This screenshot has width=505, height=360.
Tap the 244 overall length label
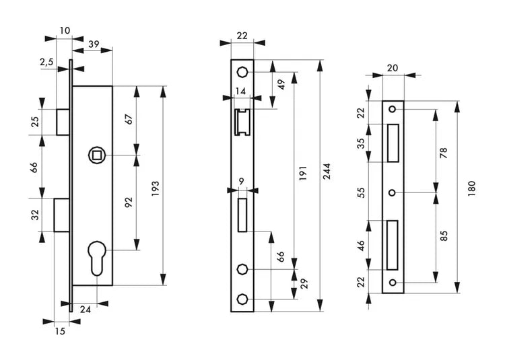point(327,171)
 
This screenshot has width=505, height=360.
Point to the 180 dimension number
point(472,189)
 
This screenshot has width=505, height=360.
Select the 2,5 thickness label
point(46,62)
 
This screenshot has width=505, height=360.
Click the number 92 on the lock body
point(129,202)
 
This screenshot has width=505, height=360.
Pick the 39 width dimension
point(94,44)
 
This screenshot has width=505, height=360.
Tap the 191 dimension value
point(303,173)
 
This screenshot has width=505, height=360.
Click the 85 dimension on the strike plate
point(444,236)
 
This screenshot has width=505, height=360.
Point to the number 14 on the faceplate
point(240,91)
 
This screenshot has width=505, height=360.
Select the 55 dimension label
point(362,192)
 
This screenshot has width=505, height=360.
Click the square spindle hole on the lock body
point(96,155)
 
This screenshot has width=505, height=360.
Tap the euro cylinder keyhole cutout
point(96,258)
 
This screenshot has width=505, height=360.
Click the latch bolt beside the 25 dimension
point(63,122)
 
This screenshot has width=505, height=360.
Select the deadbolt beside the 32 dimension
point(61,215)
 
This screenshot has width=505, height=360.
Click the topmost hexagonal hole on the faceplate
point(242,72)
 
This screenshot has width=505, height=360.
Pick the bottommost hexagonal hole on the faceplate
point(242,299)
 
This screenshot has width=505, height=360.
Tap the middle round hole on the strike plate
point(392,192)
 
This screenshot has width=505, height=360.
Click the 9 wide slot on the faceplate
point(242,215)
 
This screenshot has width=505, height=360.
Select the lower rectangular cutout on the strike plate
point(393,245)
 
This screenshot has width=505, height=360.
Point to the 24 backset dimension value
point(86,310)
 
